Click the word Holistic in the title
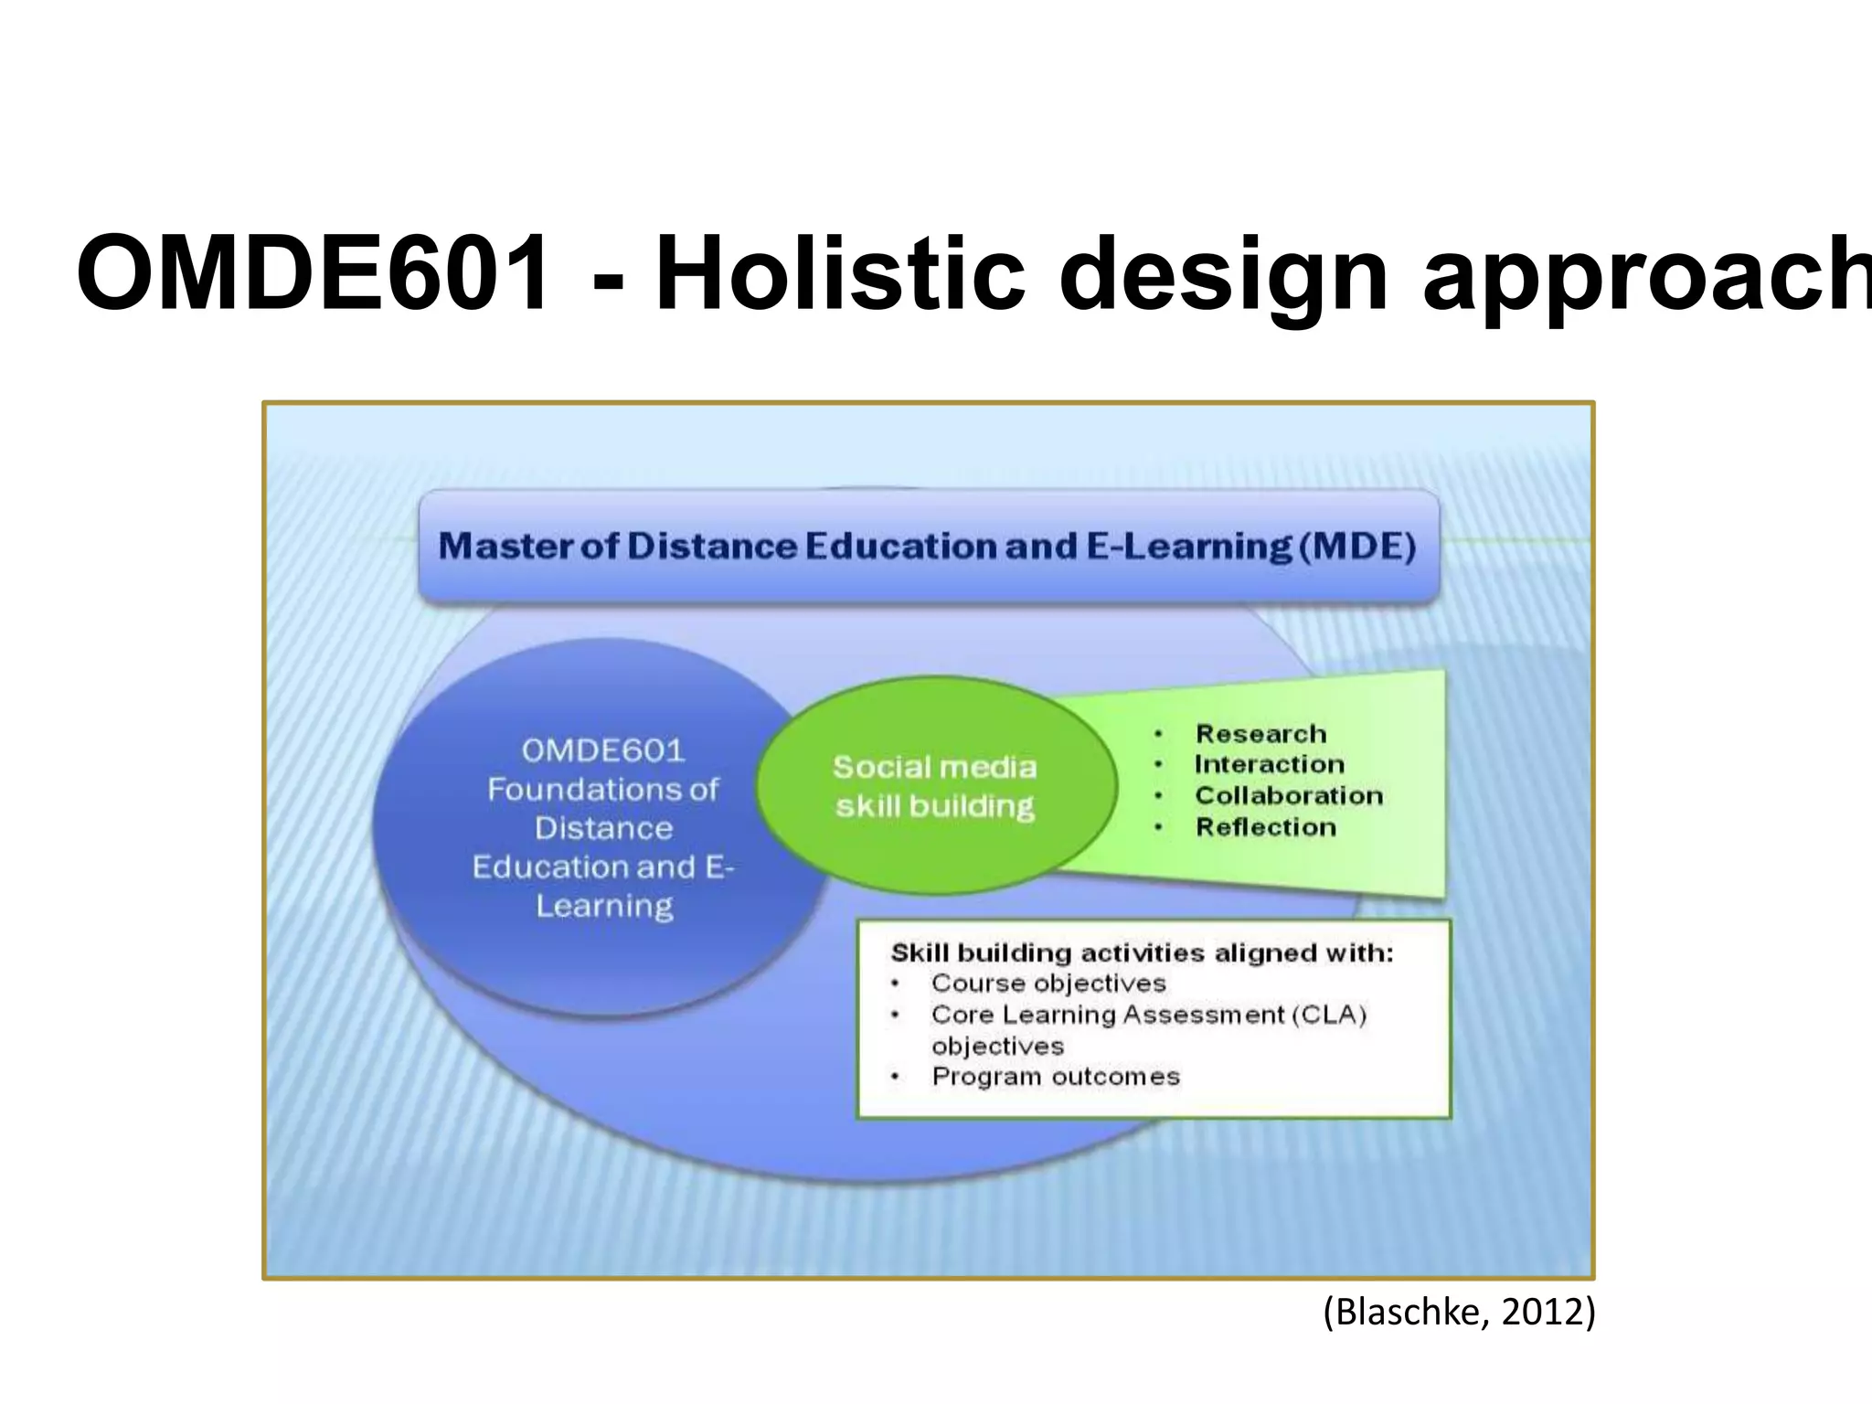pos(840,274)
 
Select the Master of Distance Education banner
pos(928,547)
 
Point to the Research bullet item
pos(1260,734)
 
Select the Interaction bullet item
pos(1269,764)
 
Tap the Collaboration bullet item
pos(1289,795)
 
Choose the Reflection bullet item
pos(1266,827)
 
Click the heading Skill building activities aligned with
pos(1142,953)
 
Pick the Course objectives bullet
pos(1048,984)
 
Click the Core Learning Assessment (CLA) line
pos(1148,1015)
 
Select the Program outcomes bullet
pos(1056,1077)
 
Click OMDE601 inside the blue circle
pos(603,751)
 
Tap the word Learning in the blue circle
pos(604,907)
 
